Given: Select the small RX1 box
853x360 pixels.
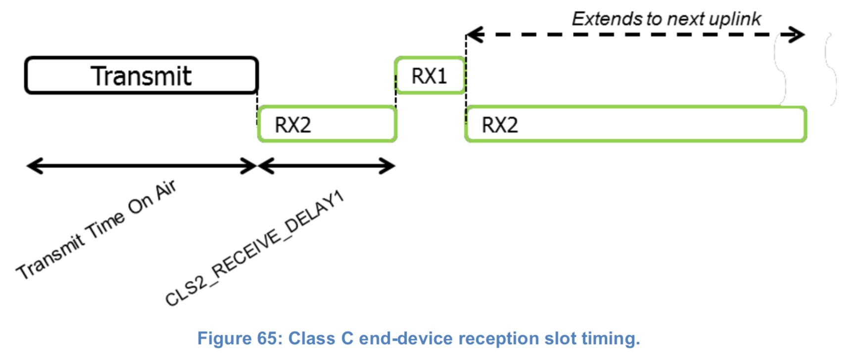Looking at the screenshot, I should coord(429,76).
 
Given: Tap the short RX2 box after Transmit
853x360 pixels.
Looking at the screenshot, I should coord(327,124).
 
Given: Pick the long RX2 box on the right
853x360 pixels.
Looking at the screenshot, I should coord(636,124).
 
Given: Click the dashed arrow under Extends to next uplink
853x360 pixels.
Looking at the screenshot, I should coord(636,35).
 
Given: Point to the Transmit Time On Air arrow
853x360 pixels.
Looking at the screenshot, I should coord(142,166).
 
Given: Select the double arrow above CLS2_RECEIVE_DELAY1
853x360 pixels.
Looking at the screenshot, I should coord(327,166).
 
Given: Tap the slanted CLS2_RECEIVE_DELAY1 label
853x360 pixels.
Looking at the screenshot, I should coord(254,248).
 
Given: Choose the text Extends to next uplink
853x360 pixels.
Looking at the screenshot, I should coord(666,19).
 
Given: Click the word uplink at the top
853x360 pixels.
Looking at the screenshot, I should coord(735,19).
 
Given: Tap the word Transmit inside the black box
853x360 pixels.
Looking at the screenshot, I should coord(142,76).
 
